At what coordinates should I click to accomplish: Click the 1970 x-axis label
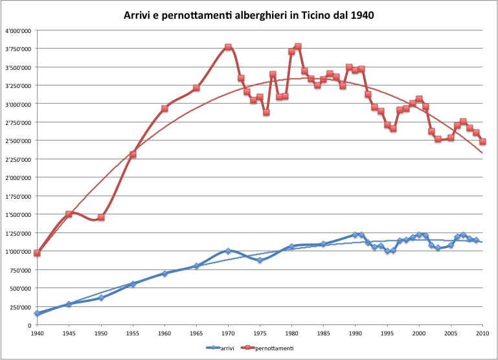(228, 332)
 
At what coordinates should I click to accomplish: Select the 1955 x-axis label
(133, 332)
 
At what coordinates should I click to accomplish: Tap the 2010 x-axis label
(482, 332)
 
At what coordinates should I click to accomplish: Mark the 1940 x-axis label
(38, 332)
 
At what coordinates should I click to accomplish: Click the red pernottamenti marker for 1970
(228, 47)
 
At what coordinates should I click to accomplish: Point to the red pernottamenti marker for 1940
(38, 253)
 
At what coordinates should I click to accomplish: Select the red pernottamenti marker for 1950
(101, 218)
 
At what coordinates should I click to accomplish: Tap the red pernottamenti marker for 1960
(164, 109)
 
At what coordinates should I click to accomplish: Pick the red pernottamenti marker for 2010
(482, 142)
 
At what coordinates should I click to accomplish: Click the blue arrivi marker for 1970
(228, 251)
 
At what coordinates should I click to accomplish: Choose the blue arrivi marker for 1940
(38, 313)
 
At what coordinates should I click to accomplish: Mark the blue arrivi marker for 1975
(260, 260)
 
